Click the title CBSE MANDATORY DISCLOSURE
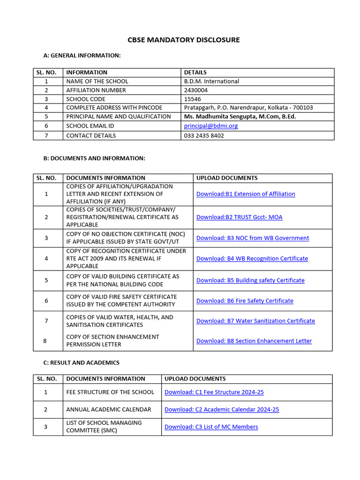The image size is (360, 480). (x=183, y=40)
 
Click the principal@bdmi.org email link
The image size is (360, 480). (x=211, y=126)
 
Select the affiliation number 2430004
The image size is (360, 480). (x=196, y=90)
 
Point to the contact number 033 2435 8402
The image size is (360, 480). (x=204, y=135)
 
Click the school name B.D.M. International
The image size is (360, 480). (x=211, y=81)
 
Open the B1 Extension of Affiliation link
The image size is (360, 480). (x=246, y=194)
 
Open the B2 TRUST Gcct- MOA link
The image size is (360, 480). (x=239, y=217)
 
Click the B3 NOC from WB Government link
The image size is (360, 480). (x=252, y=238)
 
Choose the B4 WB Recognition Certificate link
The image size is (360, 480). (x=252, y=259)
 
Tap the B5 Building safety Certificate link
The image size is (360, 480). (x=250, y=280)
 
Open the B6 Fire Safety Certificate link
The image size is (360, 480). (x=245, y=301)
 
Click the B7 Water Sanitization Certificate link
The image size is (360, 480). (x=255, y=321)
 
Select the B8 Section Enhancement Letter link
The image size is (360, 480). (x=254, y=341)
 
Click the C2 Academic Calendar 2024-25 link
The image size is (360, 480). (x=221, y=410)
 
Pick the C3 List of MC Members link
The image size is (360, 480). (x=211, y=427)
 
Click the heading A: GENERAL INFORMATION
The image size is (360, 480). (x=82, y=56)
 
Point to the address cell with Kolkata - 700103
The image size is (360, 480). (x=248, y=108)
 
